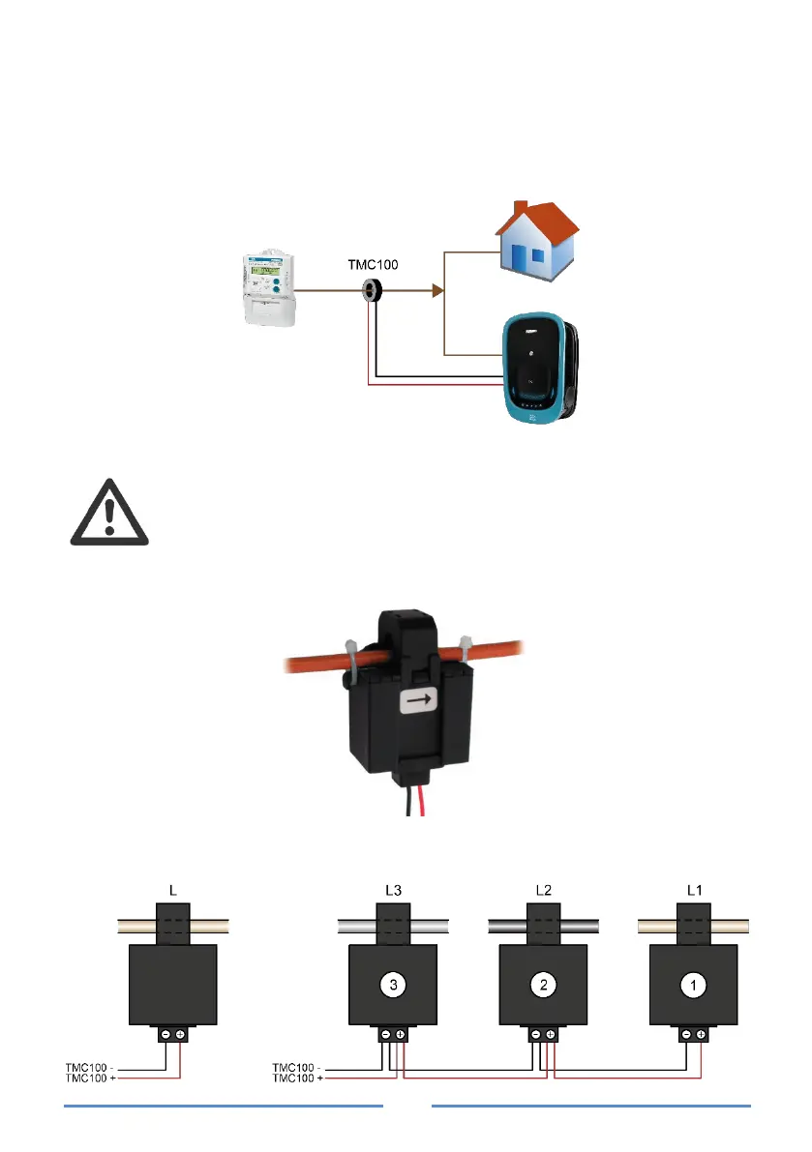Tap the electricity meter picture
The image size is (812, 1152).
tap(267, 288)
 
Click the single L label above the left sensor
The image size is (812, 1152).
tap(173, 888)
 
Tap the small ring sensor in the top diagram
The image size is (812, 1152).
tap(371, 289)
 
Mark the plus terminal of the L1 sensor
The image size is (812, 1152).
tap(700, 1034)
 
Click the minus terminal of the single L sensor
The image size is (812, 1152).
tap(165, 1034)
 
